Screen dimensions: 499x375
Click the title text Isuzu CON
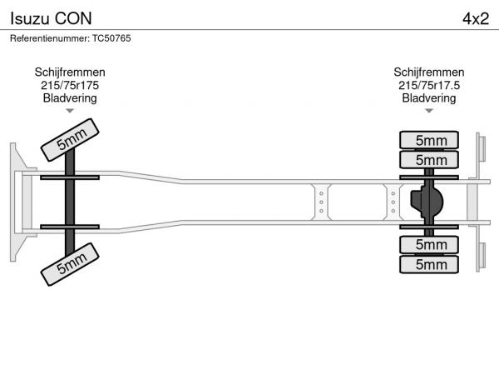click(51, 18)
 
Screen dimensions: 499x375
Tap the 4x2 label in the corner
click(476, 18)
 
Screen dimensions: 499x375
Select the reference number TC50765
click(111, 38)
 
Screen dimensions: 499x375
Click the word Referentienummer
click(49, 38)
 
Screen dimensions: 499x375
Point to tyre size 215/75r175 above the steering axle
click(70, 85)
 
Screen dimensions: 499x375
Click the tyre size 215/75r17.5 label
click(429, 85)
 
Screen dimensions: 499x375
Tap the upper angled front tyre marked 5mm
click(70, 140)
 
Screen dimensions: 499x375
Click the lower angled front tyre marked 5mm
click(70, 264)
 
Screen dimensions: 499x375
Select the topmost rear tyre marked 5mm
click(429, 140)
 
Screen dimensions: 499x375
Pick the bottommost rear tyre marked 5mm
click(429, 264)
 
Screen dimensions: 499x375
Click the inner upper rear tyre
click(429, 160)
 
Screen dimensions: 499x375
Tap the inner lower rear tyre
click(429, 244)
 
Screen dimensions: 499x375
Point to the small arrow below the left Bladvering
click(70, 111)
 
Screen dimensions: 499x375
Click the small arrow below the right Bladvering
click(429, 111)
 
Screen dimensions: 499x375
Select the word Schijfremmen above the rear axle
click(429, 72)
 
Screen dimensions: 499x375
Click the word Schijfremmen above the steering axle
click(70, 72)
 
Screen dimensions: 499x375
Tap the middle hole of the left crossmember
click(321, 202)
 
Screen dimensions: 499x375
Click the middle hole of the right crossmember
click(393, 202)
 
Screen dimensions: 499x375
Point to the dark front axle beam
click(70, 202)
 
